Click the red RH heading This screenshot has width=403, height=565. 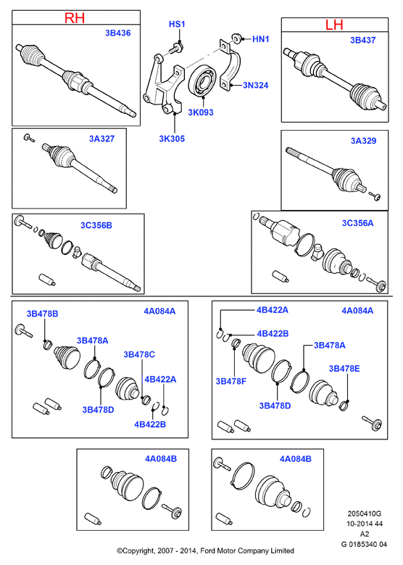point(75,17)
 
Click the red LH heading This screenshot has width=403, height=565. point(334,25)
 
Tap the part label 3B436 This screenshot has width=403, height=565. point(118,33)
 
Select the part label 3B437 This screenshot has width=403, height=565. point(363,40)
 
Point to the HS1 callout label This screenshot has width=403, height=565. point(177,24)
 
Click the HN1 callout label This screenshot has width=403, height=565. point(261,39)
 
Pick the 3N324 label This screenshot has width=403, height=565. point(256,85)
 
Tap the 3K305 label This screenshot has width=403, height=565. point(172,139)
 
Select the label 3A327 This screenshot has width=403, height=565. point(101,139)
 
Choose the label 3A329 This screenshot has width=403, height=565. point(363,141)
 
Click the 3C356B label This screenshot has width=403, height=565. point(96,225)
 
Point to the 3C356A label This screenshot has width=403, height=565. point(358,223)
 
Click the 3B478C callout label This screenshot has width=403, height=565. point(139,354)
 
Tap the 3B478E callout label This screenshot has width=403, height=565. point(344,368)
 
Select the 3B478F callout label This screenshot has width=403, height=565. point(230,381)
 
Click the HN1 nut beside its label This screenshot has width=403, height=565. point(236,38)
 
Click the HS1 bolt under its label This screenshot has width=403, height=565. point(177,47)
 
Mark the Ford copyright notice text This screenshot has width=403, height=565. point(205,550)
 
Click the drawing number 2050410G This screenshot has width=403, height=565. point(364,513)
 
